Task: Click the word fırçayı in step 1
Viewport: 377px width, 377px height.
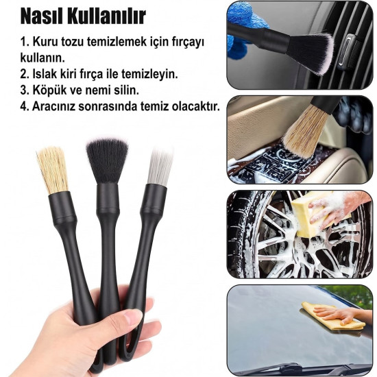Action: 186,42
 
